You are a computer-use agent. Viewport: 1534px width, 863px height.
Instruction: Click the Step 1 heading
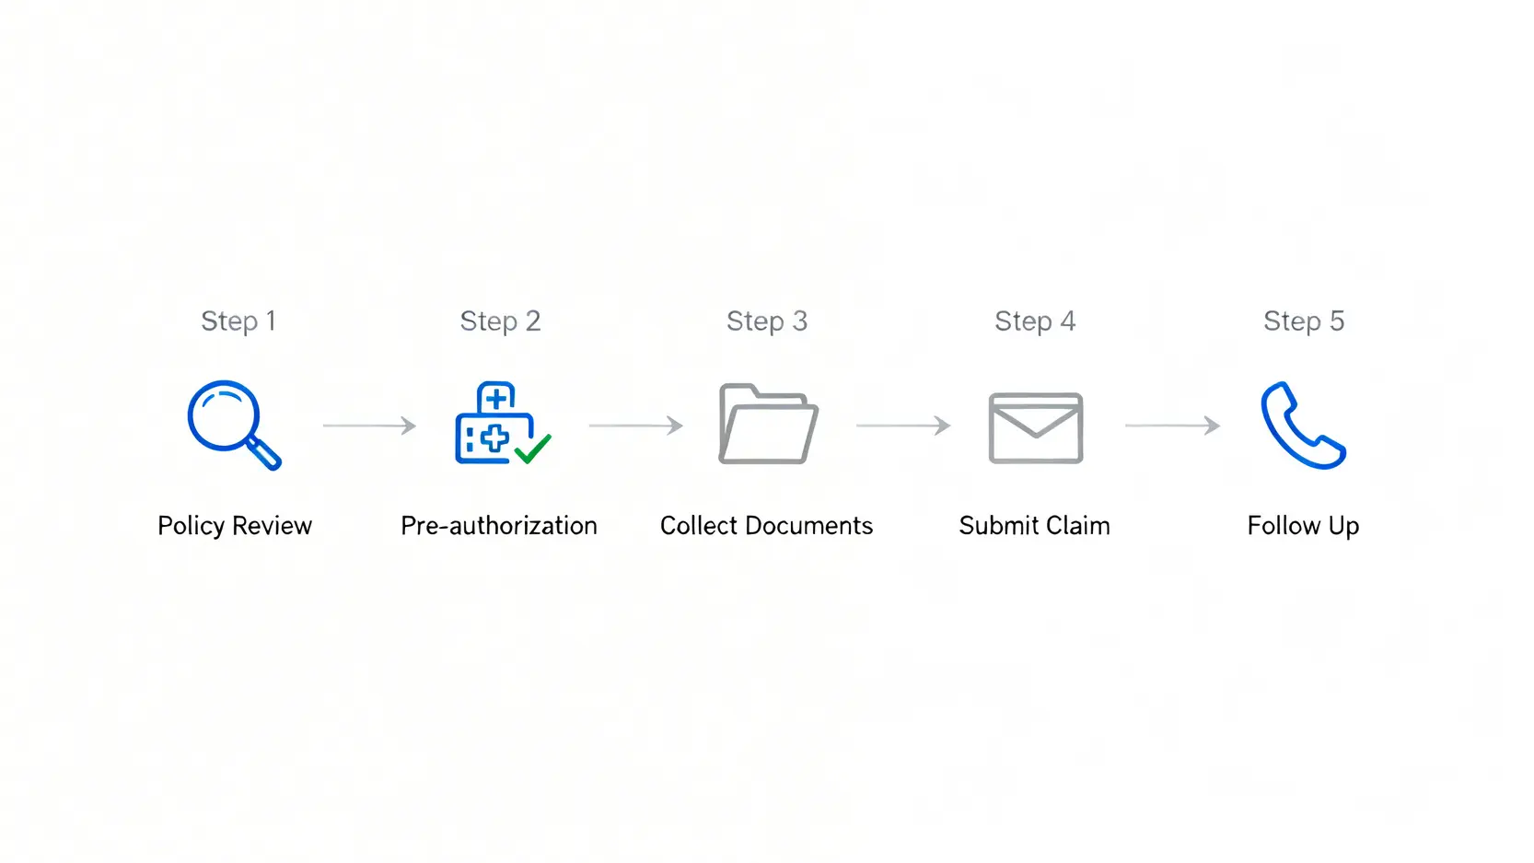pos(238,321)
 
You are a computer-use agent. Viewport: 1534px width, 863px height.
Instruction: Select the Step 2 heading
pos(500,321)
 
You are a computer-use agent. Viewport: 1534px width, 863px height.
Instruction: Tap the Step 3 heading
pos(766,321)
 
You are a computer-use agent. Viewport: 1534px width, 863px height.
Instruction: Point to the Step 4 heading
pos(1035,321)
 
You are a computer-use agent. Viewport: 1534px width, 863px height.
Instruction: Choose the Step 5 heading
pos(1304,321)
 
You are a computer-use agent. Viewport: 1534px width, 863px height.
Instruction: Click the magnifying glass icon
pos(230,422)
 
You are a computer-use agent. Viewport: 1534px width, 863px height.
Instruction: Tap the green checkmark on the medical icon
pos(532,449)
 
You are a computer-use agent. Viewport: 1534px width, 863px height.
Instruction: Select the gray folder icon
pos(767,425)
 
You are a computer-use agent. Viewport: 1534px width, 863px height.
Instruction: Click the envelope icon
pos(1035,427)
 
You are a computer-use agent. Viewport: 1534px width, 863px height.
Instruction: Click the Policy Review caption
pos(235,525)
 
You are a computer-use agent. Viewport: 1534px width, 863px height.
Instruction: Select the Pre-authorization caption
pos(499,525)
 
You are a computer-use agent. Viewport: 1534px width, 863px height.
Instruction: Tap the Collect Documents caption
pos(766,525)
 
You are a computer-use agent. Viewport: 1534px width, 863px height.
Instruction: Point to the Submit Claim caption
pos(1034,525)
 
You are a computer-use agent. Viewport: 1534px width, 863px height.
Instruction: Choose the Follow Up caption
pos(1303,525)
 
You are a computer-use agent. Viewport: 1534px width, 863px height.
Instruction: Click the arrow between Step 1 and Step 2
pos(369,426)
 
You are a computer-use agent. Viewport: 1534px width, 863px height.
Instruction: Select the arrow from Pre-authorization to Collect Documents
pos(635,426)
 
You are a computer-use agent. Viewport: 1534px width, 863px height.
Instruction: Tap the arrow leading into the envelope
pos(902,426)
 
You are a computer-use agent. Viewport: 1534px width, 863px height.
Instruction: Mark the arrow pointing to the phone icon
pos(1172,426)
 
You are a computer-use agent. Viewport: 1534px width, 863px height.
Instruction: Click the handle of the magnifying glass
pos(264,453)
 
